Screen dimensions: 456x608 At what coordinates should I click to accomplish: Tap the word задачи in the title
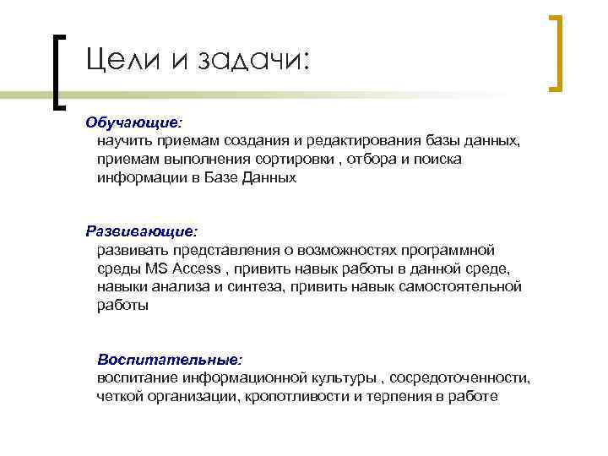pyautogui.click(x=252, y=62)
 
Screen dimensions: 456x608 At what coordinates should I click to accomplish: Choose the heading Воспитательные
pyautogui.click(x=170, y=358)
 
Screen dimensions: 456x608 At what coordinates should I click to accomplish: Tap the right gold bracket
pyautogui.click(x=556, y=52)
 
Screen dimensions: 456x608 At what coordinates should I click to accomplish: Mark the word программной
pyautogui.click(x=445, y=250)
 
